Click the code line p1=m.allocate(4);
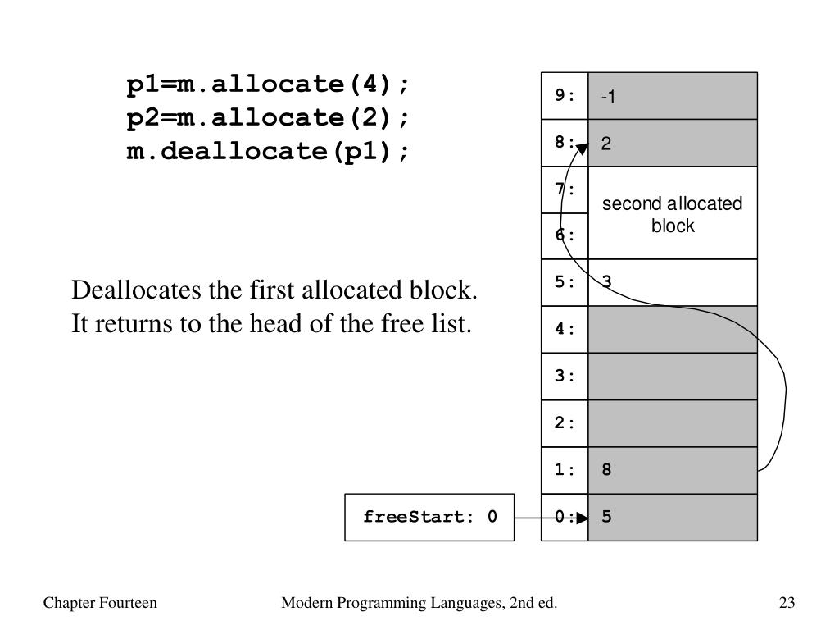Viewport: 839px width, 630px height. tap(267, 84)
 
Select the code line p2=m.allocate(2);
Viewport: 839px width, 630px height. tap(267, 118)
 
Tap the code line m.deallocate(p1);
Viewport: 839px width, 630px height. tap(267, 152)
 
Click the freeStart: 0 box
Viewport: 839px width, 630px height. tap(429, 518)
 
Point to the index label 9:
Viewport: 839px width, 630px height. tap(565, 95)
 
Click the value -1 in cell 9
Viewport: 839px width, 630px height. tap(608, 97)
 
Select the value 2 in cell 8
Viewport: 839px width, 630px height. tap(606, 144)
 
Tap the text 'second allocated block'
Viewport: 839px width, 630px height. tap(673, 214)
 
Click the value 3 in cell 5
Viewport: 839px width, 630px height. tap(606, 282)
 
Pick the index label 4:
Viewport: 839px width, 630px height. tap(565, 329)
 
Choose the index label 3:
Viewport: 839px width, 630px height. tap(565, 377)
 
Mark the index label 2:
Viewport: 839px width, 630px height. tap(565, 423)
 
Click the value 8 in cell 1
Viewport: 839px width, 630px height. tap(606, 470)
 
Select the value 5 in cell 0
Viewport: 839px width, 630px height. tap(606, 518)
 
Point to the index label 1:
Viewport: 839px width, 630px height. tap(565, 470)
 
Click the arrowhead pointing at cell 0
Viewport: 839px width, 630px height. tap(582, 518)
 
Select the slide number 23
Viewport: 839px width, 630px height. tap(787, 604)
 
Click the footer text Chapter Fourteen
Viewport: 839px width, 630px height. tap(100, 604)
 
